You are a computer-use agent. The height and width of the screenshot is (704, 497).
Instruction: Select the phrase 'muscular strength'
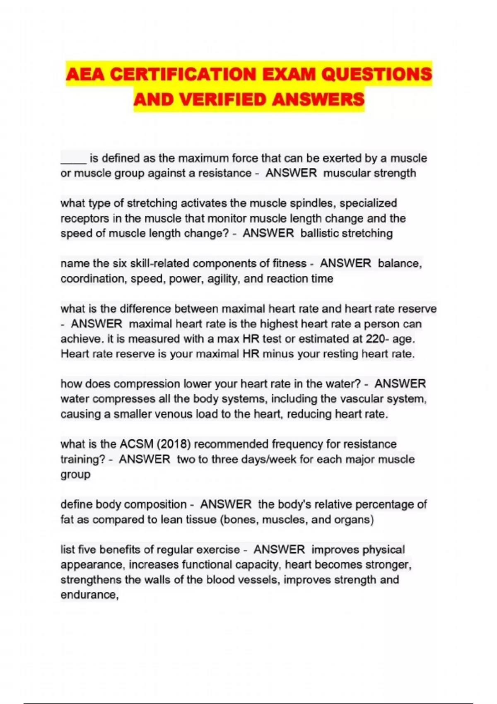coord(369,173)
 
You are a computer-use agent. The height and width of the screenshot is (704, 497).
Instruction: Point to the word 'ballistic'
coord(319,234)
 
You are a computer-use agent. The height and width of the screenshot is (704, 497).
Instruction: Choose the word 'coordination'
coord(94,279)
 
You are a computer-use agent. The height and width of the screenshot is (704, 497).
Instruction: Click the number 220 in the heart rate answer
coord(375,339)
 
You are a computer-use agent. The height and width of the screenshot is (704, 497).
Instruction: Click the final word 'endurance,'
coord(89,595)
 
